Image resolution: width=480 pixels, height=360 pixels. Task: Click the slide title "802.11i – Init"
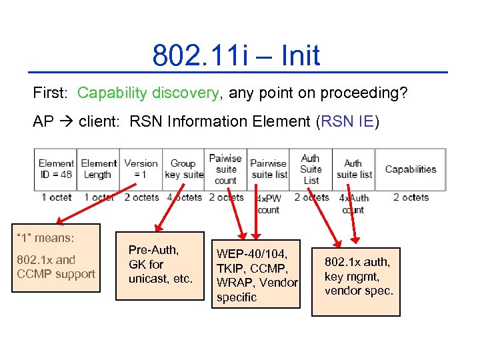(x=236, y=55)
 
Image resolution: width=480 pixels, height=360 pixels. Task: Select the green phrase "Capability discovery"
(x=147, y=93)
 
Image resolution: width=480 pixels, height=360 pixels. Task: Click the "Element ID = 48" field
(x=56, y=169)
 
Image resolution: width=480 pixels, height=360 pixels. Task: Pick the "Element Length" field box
(x=99, y=169)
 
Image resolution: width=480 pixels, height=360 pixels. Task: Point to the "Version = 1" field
(x=141, y=169)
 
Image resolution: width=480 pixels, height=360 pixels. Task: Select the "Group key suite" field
(x=183, y=169)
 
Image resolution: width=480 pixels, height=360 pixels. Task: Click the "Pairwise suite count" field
(x=225, y=169)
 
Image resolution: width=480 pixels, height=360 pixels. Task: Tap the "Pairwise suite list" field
(x=268, y=169)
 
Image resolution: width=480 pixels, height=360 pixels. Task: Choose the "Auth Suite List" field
(x=311, y=169)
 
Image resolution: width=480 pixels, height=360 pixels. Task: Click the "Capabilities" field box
(x=410, y=169)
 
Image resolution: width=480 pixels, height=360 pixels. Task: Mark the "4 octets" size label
(x=183, y=197)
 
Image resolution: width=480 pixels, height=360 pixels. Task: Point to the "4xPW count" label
(x=268, y=204)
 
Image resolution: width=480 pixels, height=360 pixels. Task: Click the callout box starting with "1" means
(x=57, y=259)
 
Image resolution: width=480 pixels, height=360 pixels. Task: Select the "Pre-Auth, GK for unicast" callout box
(x=160, y=265)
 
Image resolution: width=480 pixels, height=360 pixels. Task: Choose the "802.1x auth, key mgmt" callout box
(x=359, y=277)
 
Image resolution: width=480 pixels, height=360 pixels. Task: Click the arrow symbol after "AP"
(x=66, y=122)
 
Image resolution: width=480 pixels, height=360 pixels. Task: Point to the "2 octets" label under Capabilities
(x=411, y=197)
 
